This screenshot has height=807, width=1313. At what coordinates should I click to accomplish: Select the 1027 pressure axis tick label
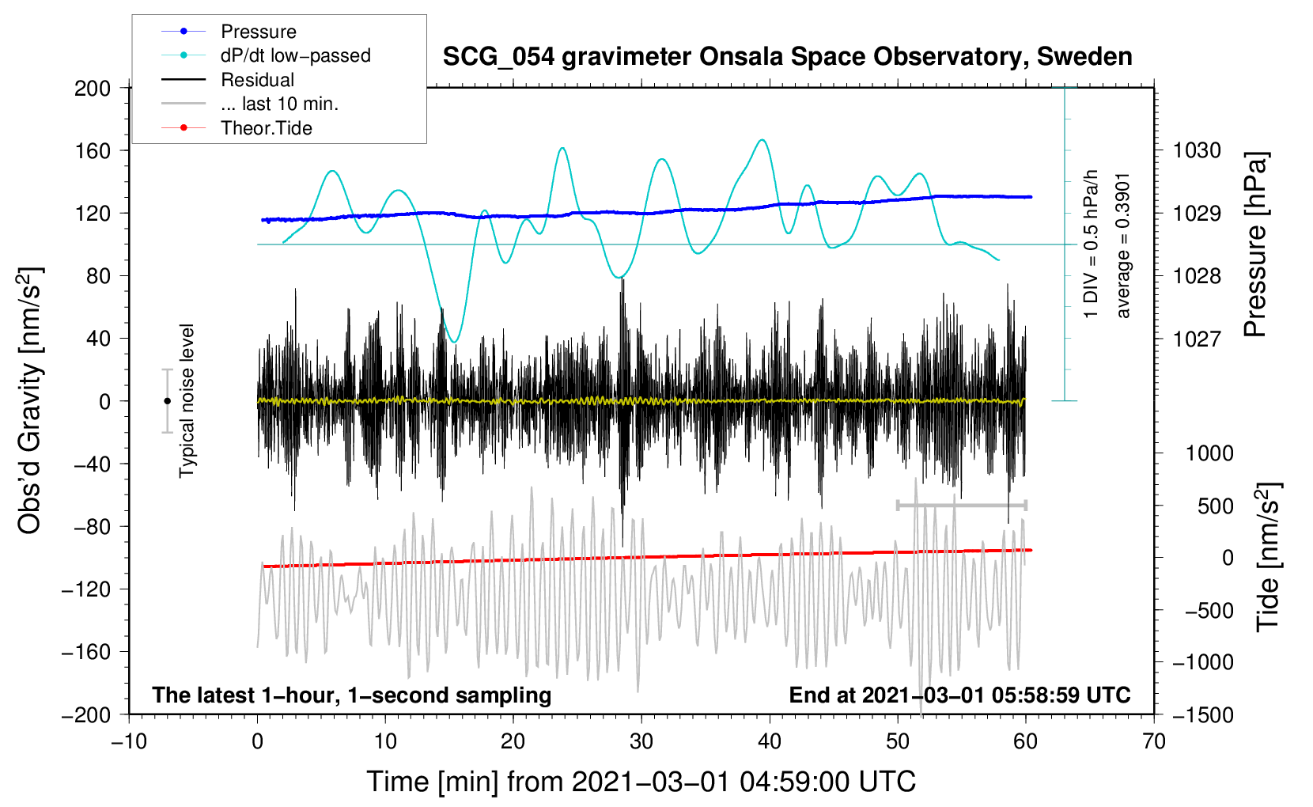pos(1197,339)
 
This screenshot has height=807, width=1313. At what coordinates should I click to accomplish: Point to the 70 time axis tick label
pos(1154,741)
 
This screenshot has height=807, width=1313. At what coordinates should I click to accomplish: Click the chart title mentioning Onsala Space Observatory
pos(787,57)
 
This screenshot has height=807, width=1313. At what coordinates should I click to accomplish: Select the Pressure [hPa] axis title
pos(1256,244)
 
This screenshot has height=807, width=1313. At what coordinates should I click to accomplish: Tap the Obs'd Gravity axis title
pos(30,400)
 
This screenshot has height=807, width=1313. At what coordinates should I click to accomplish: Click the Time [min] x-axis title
pos(641,782)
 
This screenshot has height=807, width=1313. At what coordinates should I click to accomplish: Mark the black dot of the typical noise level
pos(167,401)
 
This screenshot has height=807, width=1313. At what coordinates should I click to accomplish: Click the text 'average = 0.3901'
pos(1123,245)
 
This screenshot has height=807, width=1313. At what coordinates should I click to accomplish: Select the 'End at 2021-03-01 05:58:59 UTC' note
pos(959,695)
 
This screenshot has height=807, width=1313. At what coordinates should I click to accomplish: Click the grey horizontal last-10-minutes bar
pos(961,505)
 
